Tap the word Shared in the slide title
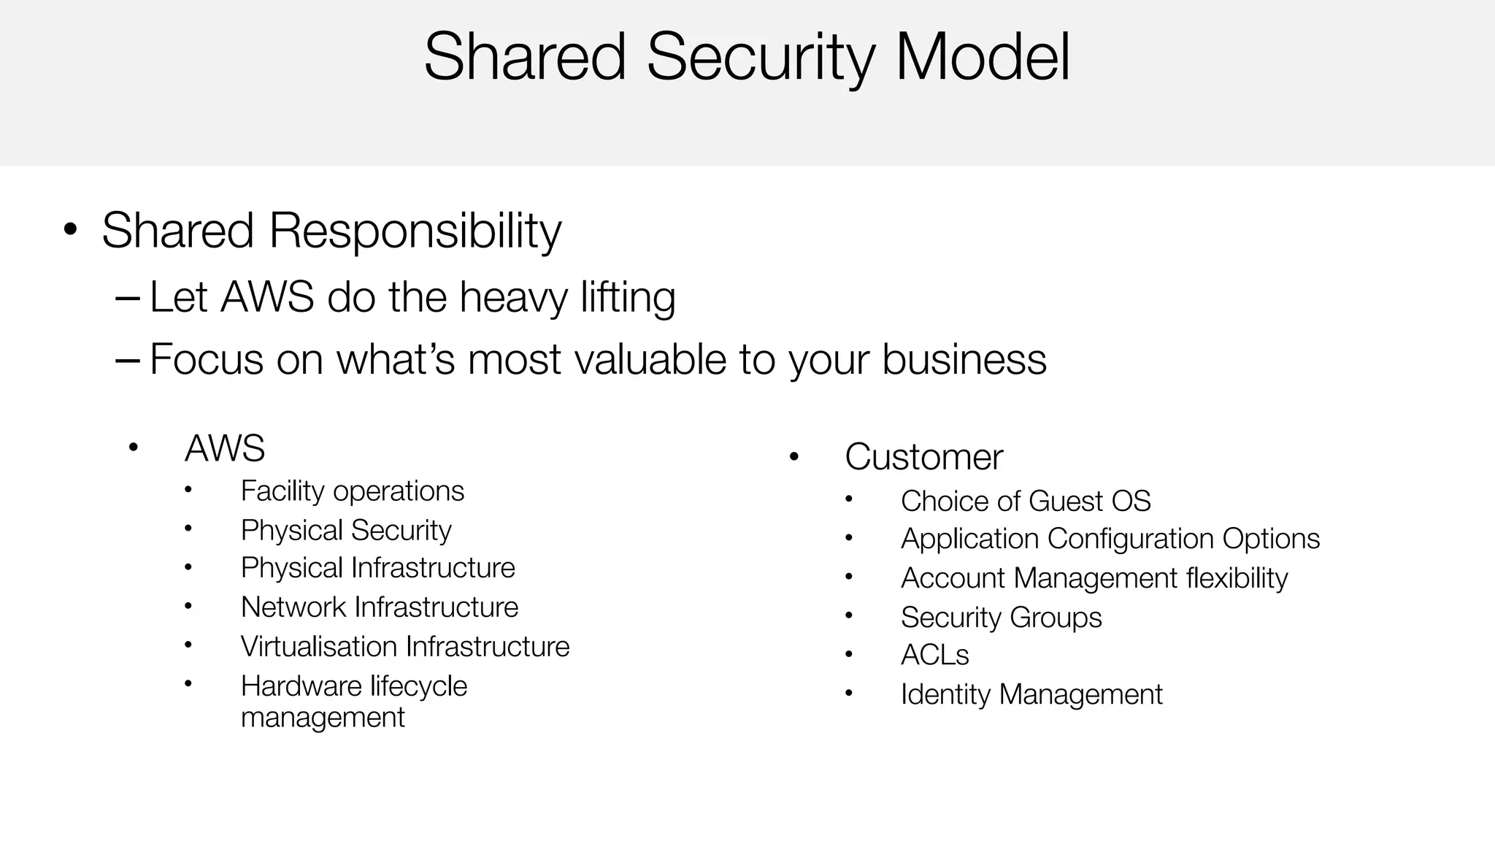pos(525,57)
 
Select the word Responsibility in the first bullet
pos(415,231)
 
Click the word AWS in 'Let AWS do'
pos(267,297)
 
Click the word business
pos(964,359)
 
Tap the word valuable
pos(650,359)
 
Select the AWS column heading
pos(225,448)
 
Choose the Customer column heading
pos(923,457)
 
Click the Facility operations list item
pos(352,491)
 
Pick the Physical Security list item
pos(346,530)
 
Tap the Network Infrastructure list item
pos(380,607)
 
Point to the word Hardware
pos(301,686)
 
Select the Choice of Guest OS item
pos(1026,502)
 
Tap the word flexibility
pos(1237,578)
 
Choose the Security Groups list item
pos(1001,618)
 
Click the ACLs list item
pos(934,656)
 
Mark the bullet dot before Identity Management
pos(848,694)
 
